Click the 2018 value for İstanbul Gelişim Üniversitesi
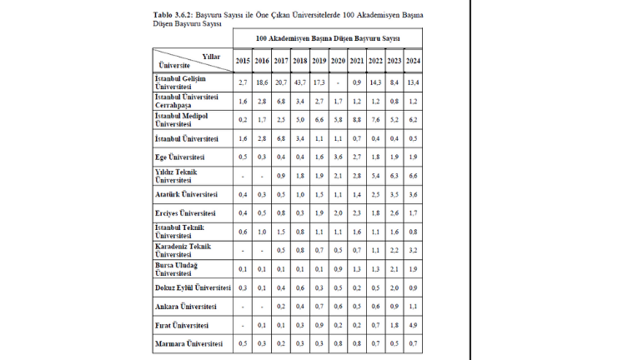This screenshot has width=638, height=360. point(299,82)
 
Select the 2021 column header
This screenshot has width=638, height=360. point(356,61)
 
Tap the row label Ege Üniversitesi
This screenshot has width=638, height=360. point(181,157)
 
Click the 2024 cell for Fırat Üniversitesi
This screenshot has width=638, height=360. point(412,324)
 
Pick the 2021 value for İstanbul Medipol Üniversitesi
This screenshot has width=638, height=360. point(356,120)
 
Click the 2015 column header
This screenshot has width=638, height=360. point(242,61)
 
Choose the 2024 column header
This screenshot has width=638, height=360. point(412,61)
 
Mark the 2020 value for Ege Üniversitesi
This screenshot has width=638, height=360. point(337,157)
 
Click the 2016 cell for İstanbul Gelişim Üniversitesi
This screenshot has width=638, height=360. point(261,82)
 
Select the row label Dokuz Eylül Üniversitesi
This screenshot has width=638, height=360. point(193,287)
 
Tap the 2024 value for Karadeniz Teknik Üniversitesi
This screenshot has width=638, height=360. point(412,250)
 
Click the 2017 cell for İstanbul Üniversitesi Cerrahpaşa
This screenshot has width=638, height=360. point(280,101)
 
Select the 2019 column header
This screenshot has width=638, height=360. point(318,61)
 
